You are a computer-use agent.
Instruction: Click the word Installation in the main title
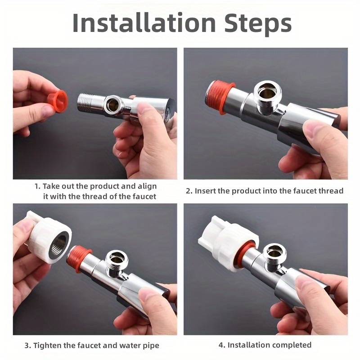[144, 23]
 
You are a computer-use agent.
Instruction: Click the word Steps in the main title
[258, 24]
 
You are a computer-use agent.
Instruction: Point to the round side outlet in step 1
[112, 103]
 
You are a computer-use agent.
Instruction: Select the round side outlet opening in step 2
[267, 93]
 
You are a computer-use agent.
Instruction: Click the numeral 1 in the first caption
[37, 186]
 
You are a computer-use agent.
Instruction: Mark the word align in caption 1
[147, 186]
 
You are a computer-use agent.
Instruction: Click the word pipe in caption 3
[151, 346]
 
